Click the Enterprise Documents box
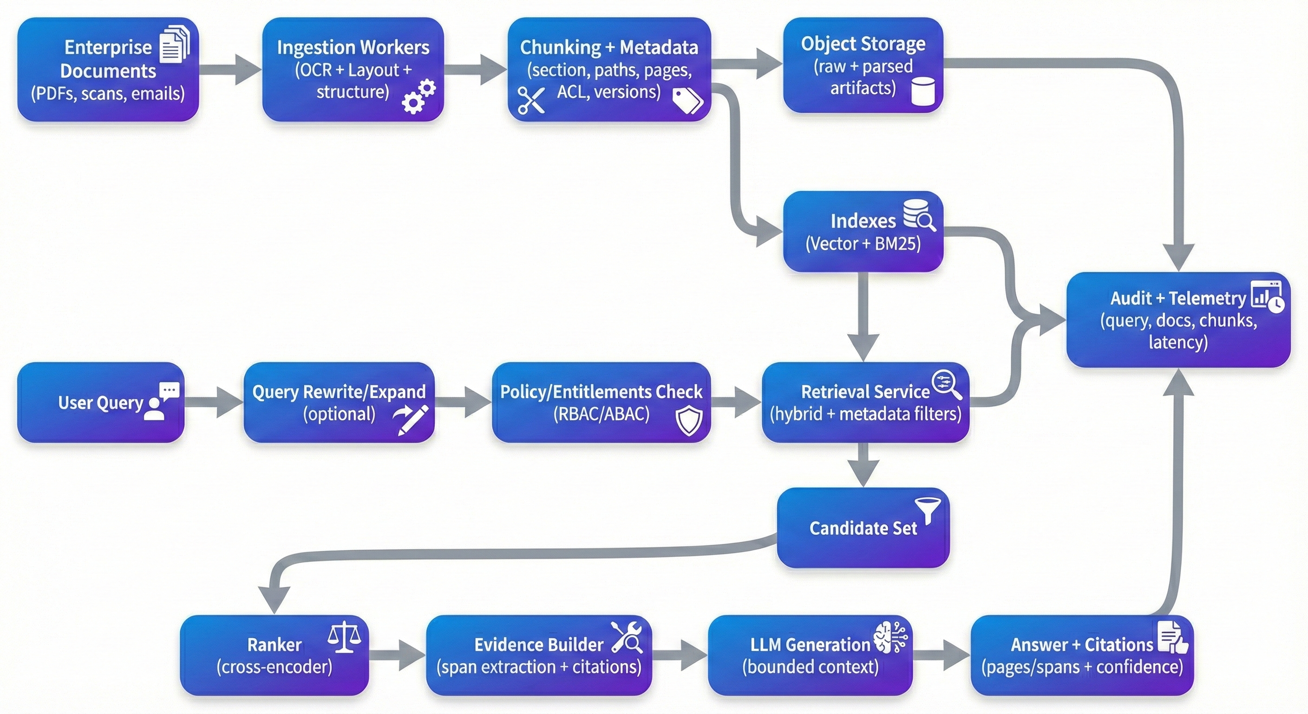(108, 70)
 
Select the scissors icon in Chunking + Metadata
(531, 100)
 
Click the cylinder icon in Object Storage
(922, 92)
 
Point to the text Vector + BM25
(863, 244)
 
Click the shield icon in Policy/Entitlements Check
(689, 421)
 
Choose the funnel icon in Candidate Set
(928, 510)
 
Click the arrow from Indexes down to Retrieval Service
(863, 315)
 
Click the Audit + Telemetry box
(1178, 320)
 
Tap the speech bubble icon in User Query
(170, 391)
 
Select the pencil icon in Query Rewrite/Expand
(411, 420)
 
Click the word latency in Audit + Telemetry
(1178, 342)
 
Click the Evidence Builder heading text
(538, 644)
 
